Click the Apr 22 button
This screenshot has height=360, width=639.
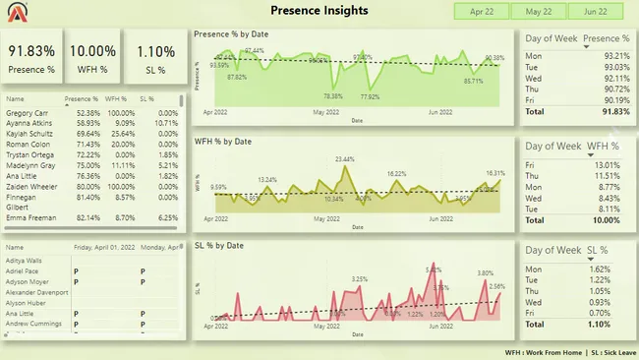(x=482, y=12)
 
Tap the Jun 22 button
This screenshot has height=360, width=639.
(x=595, y=12)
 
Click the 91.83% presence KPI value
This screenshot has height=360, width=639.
(x=32, y=51)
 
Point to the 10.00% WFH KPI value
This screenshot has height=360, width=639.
(x=93, y=51)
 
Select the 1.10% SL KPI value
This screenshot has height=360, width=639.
(x=155, y=51)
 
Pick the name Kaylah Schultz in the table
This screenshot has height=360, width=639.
(x=29, y=133)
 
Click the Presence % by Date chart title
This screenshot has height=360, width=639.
(x=231, y=34)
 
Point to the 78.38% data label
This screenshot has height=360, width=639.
(x=333, y=96)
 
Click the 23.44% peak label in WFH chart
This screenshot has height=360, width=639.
(x=345, y=158)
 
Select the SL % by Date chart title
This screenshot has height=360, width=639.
(x=219, y=245)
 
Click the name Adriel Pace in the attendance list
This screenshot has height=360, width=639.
(x=22, y=270)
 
